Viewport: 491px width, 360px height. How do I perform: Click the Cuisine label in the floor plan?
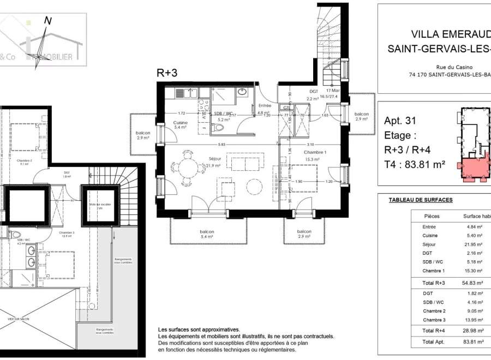(x=181, y=123)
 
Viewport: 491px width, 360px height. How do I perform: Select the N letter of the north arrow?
(x=48, y=21)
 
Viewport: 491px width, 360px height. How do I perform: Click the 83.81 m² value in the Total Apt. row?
(x=473, y=341)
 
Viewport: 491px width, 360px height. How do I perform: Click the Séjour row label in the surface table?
(x=429, y=244)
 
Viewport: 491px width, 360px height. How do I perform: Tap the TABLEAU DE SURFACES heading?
(x=421, y=200)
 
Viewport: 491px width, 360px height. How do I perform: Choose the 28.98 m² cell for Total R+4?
(x=473, y=331)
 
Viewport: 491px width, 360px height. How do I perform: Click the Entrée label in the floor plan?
(x=265, y=105)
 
